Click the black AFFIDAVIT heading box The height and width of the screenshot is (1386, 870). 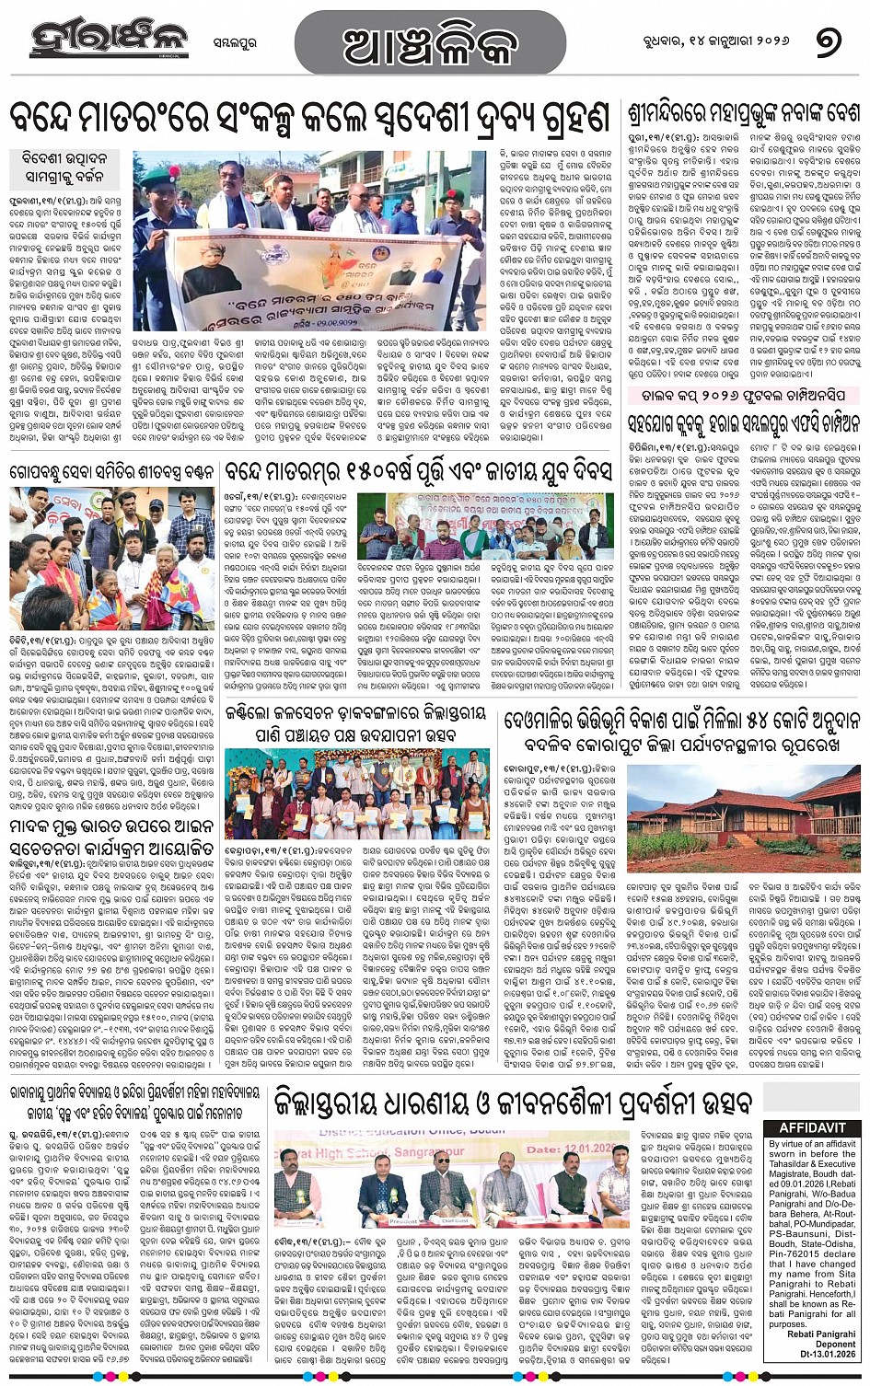(813, 1128)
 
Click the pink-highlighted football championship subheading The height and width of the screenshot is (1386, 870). (744, 396)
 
